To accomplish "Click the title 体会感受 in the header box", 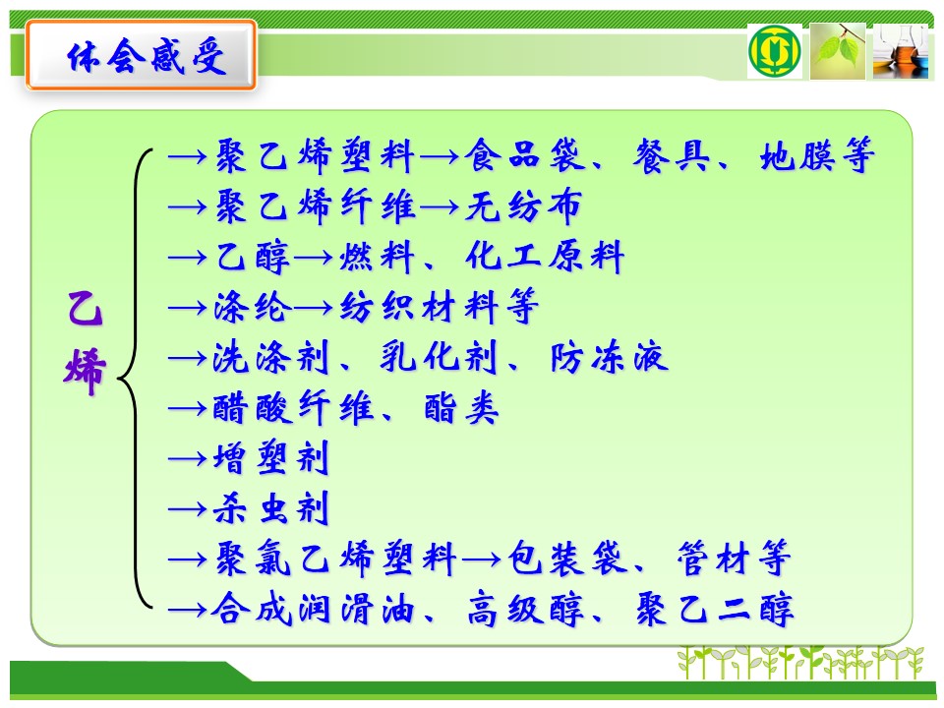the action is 147,56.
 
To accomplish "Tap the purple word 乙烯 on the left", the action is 85,342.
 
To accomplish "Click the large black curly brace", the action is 136,378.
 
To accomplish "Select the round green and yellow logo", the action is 774,51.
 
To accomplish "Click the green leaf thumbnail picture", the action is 838,51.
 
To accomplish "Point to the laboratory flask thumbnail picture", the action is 901,51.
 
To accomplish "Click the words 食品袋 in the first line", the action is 524,155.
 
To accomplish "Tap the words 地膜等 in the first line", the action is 817,155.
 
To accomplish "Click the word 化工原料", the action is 544,257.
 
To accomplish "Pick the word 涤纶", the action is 253,308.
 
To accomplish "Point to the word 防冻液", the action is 610,358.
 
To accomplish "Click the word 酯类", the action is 462,409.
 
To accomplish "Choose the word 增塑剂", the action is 271,459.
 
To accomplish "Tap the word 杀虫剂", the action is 271,508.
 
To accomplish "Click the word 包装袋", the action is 567,560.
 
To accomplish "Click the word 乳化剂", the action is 439,358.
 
